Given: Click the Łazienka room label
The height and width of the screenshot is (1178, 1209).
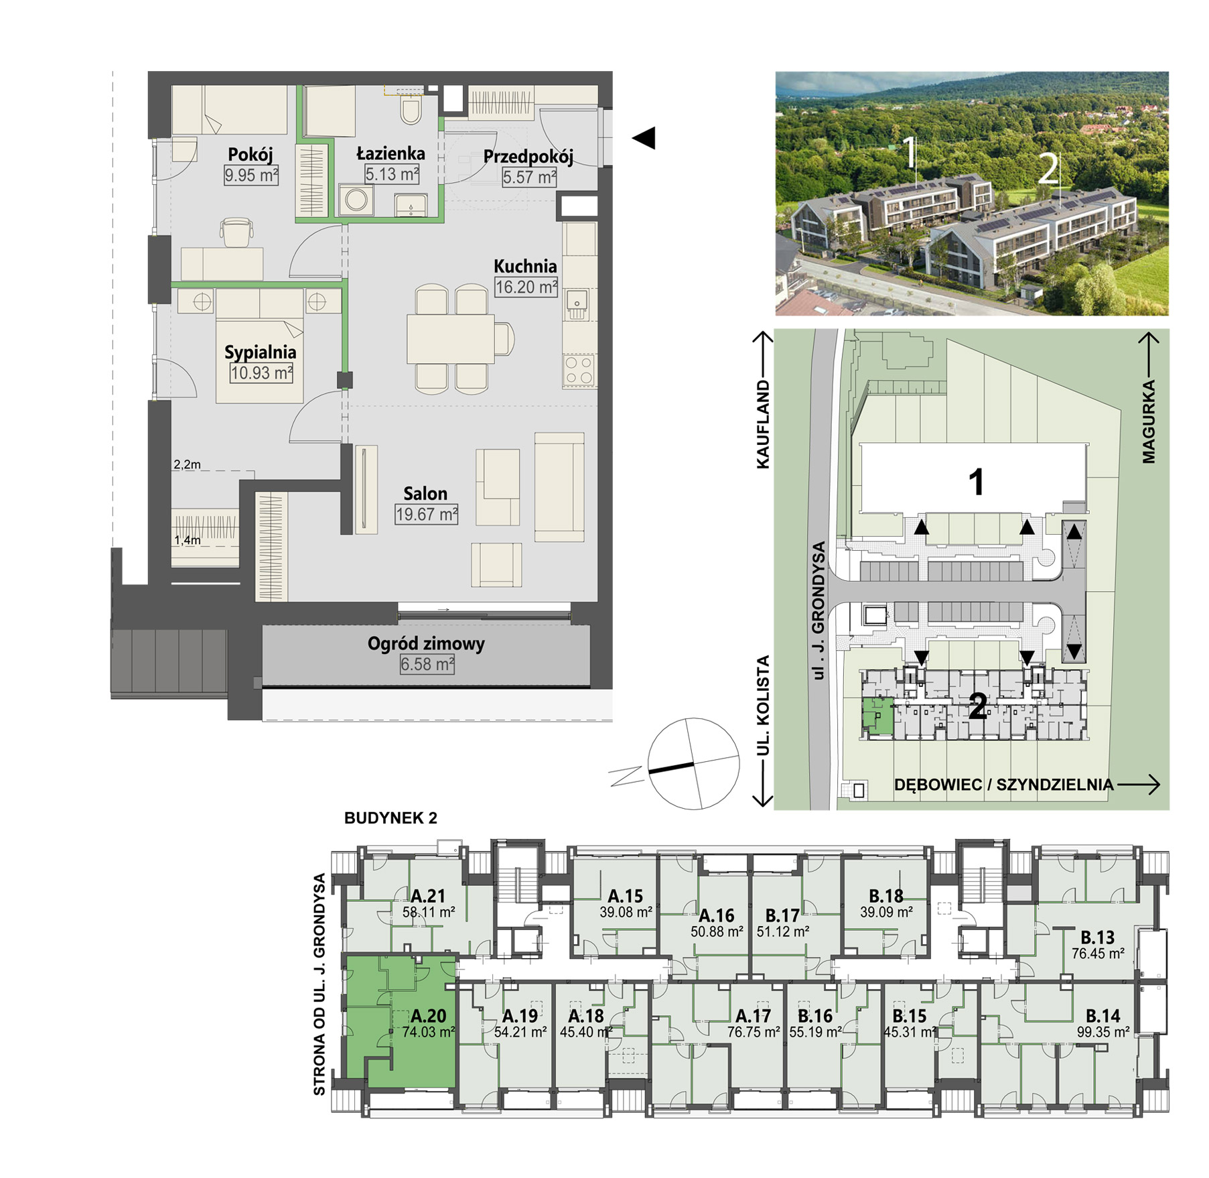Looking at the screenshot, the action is [390, 153].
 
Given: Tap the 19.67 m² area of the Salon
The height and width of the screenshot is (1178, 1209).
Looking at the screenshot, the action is [427, 515].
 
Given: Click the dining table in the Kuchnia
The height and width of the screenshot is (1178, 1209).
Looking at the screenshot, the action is [450, 338].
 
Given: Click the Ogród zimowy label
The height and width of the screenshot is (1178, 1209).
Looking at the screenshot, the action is [426, 644].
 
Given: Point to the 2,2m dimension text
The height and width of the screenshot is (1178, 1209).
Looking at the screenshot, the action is [187, 464].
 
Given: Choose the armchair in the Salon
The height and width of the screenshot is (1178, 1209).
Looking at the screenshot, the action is [496, 564].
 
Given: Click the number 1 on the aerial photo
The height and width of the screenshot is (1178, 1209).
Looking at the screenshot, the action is [910, 153].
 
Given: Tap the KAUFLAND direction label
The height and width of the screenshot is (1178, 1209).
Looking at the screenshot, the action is [763, 425].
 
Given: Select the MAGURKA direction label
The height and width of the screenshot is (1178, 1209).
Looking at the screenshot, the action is [1149, 421].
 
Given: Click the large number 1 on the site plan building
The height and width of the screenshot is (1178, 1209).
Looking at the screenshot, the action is [977, 482].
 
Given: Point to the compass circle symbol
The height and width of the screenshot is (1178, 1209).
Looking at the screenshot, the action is [693, 764].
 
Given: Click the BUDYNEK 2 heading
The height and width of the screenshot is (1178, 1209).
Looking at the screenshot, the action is [390, 818].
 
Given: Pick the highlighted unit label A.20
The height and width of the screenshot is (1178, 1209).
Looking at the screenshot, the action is [428, 1016].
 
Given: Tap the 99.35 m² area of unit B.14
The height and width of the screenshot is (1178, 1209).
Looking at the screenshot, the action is [1103, 1033].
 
